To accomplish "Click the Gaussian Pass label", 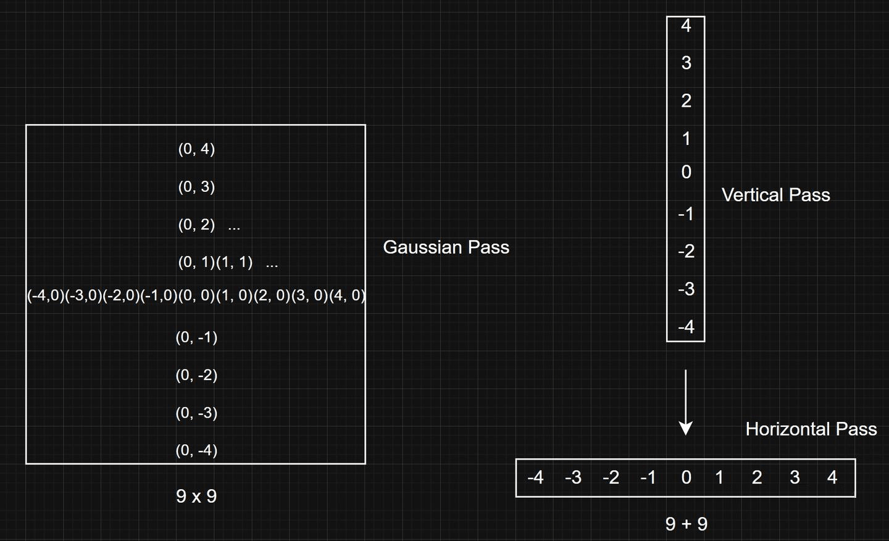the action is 446,247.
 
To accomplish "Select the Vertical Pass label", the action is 776,195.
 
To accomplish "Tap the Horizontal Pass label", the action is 811,429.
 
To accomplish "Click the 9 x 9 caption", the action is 196,496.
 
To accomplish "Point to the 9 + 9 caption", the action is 687,524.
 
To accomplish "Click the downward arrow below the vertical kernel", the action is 686,402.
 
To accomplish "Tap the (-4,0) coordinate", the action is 46,295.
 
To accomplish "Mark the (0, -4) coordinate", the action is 196,450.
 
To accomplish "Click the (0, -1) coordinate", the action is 196,337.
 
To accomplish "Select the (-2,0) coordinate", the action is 121,295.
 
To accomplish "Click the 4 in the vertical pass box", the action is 687,26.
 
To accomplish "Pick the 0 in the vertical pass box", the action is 687,172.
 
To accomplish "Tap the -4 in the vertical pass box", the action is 687,327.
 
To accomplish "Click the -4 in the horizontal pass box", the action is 535,477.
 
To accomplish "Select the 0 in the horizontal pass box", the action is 687,477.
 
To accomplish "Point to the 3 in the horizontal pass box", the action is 795,477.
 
